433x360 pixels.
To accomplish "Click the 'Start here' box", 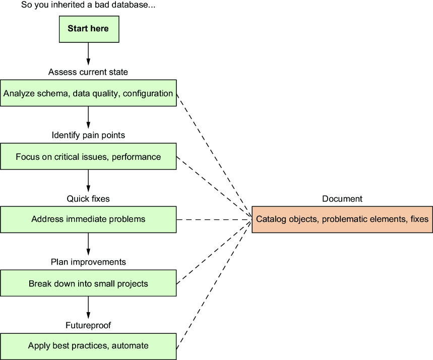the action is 89,29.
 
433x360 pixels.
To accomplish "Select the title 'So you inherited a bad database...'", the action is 88,5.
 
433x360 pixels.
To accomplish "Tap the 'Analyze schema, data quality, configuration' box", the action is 88,93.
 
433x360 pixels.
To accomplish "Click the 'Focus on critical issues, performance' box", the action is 88,156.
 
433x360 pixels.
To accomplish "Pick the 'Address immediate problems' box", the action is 88,219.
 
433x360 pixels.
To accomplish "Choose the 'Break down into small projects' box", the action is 88,283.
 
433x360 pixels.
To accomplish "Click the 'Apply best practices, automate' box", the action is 88,346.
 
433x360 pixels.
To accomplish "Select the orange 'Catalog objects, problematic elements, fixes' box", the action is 342,219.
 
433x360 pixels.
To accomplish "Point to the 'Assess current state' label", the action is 88,72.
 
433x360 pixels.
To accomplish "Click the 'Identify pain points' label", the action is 88,135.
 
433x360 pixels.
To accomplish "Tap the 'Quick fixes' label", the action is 88,199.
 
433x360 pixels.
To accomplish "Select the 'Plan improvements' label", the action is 88,262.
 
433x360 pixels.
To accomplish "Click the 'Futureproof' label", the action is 88,325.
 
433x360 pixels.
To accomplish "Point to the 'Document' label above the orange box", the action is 342,199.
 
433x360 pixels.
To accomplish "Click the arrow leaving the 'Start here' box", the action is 88,54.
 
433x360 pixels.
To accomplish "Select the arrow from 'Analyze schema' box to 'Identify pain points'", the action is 88,117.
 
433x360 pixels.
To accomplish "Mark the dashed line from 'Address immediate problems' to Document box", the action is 214,220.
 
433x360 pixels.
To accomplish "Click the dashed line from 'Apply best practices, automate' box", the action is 214,284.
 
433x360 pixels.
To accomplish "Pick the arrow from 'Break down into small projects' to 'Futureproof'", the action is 88,308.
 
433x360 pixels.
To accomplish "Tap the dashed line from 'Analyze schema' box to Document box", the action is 214,156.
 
